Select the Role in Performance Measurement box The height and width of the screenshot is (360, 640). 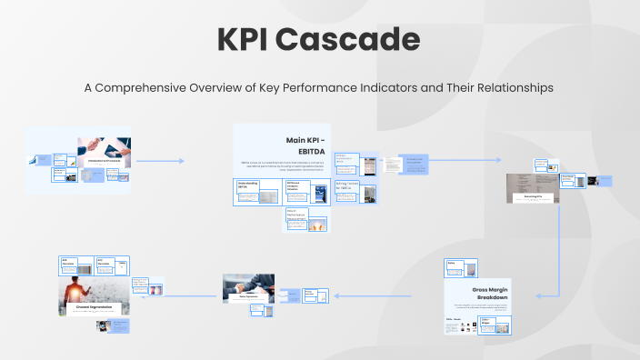(x=298, y=215)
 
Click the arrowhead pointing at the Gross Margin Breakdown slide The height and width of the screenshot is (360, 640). (x=539, y=295)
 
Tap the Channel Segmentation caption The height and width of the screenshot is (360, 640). (x=94, y=306)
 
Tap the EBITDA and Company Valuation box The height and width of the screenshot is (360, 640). (x=300, y=190)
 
